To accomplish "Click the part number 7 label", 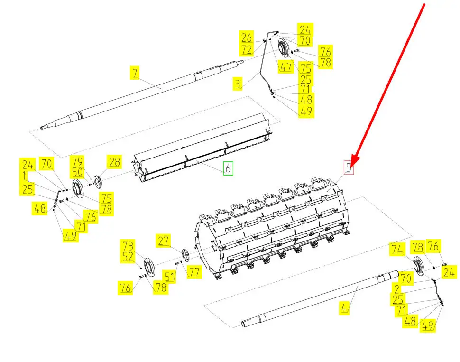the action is click(135, 74).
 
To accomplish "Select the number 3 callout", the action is click(238, 84).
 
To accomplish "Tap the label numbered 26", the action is click(246, 38).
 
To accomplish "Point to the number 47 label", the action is click(285, 67).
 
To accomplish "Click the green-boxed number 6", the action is click(228, 168).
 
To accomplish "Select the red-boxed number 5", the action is click(350, 167).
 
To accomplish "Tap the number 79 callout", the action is click(77, 161).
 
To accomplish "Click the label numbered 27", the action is click(164, 241).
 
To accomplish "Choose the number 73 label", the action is click(127, 246).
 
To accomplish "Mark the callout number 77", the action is click(194, 271).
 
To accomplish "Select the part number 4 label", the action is click(345, 307).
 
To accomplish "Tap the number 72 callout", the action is click(246, 49).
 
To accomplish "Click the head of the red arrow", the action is click(355, 158).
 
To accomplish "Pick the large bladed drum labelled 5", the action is click(275, 228).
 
